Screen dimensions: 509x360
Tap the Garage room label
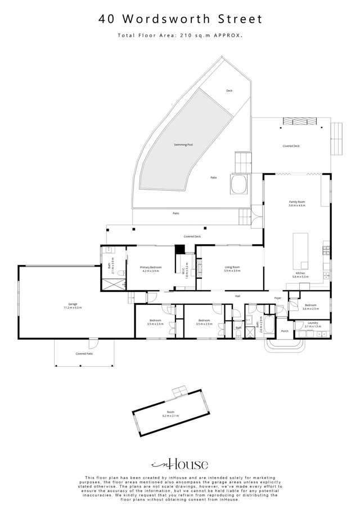[x=73, y=306]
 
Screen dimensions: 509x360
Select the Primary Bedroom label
[x=151, y=268]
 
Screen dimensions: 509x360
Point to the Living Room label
[x=232, y=268]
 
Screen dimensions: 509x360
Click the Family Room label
[x=296, y=203]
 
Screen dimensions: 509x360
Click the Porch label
[x=284, y=331]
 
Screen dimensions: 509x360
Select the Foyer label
[x=277, y=298]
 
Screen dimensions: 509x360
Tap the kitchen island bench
[x=301, y=250]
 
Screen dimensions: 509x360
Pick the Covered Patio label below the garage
[x=84, y=354]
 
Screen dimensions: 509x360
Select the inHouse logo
[x=180, y=464]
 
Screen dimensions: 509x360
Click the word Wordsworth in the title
[x=169, y=19]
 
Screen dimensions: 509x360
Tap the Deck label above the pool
[x=229, y=91]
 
